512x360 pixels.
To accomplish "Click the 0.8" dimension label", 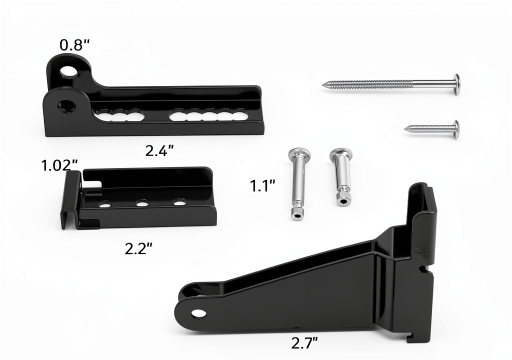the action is (74, 45).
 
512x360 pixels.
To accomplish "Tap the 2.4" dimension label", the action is (159, 150).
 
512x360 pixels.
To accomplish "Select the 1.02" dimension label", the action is (60, 165).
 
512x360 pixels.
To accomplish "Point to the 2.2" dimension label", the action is (138, 249).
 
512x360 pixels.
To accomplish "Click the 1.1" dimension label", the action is (262, 186).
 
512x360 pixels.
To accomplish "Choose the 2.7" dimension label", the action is (304, 343).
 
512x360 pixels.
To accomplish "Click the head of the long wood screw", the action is (456, 84).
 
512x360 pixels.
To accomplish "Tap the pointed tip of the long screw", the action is (323, 85).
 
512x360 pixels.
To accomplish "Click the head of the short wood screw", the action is (456, 129).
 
